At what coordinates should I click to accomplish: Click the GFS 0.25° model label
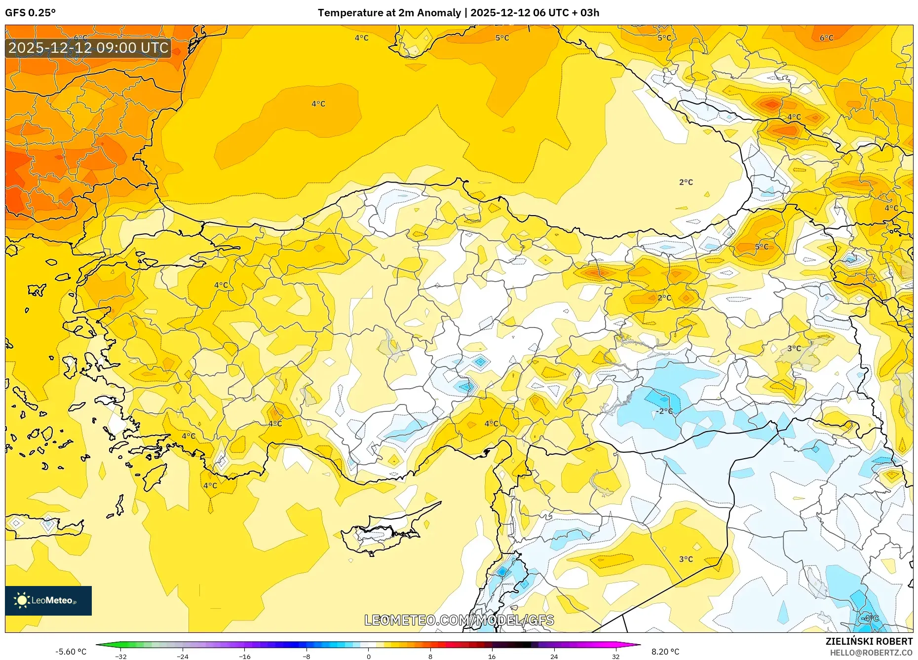[30, 13]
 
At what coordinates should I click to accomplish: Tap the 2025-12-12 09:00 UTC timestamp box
[88, 48]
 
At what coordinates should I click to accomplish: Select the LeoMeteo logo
[48, 600]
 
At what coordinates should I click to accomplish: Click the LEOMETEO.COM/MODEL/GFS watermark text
[459, 620]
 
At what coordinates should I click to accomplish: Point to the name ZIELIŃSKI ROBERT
[869, 641]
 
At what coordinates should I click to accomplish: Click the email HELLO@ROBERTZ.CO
[871, 653]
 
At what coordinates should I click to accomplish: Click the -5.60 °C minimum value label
[71, 652]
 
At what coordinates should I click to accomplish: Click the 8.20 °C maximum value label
[665, 652]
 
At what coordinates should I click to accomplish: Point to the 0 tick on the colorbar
[368, 656]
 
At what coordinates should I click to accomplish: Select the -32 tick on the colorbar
[121, 656]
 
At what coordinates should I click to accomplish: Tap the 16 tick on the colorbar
[492, 656]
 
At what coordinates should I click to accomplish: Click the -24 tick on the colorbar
[183, 656]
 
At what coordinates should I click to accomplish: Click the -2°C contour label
[664, 411]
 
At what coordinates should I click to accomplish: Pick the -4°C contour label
[870, 618]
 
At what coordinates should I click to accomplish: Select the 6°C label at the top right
[826, 38]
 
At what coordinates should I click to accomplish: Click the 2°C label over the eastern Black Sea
[686, 182]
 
